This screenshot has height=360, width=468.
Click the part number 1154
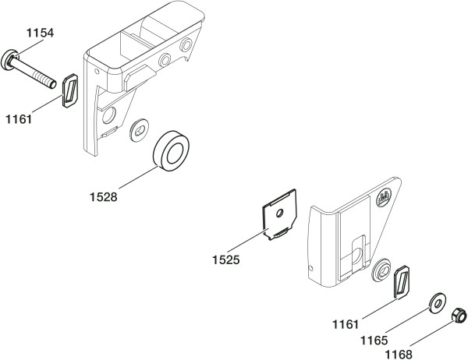pyautogui.click(x=41, y=33)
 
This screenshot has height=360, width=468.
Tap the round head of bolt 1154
pyautogui.click(x=9, y=60)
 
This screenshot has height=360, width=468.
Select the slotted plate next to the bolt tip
pyautogui.click(x=70, y=90)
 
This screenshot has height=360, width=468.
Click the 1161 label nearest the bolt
pyautogui.click(x=19, y=119)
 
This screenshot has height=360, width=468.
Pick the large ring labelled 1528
pyautogui.click(x=171, y=151)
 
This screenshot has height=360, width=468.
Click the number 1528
pyautogui.click(x=104, y=197)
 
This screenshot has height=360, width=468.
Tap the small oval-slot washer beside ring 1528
pyautogui.click(x=140, y=130)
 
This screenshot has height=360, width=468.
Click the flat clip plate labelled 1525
pyautogui.click(x=279, y=214)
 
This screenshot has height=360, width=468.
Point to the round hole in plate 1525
pyautogui.click(x=280, y=214)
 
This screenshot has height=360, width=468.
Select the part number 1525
pyautogui.click(x=226, y=260)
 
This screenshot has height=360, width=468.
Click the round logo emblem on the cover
pyautogui.click(x=385, y=197)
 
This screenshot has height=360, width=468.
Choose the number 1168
pyautogui.click(x=399, y=355)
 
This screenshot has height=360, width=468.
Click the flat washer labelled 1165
pyautogui.click(x=438, y=304)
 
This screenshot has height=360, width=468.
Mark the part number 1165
pyautogui.click(x=374, y=341)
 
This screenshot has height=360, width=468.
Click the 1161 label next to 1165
pyautogui.click(x=346, y=324)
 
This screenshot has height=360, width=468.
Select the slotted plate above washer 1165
pyautogui.click(x=402, y=281)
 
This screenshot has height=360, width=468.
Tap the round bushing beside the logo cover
pyautogui.click(x=381, y=270)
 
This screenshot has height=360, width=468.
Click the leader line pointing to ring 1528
pyautogui.click(x=139, y=177)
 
